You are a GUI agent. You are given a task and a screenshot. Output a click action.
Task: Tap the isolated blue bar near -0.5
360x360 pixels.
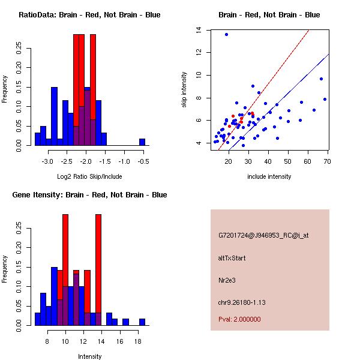coord(142,142)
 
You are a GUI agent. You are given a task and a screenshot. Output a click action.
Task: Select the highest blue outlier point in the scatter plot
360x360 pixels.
coord(226,34)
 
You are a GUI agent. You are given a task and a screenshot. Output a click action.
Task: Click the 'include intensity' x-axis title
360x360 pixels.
coord(269,176)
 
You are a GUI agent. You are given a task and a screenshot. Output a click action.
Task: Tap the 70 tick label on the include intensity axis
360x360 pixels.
coord(327,161)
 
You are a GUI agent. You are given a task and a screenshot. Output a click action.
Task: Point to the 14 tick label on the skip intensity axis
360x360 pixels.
coord(198,30)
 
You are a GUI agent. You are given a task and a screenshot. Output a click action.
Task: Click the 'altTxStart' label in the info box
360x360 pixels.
coord(232,258)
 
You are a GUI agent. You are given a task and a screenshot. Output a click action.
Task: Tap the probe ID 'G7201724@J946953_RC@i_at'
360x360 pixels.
coord(256,236)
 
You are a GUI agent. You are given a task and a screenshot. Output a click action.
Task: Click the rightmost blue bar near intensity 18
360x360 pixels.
coord(142,322)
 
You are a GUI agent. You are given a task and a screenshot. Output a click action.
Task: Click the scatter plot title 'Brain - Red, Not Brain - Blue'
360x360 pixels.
coord(269,15)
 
